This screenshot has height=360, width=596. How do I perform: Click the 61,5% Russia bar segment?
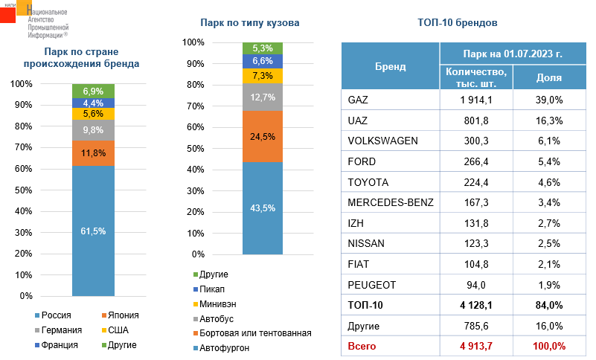[93, 231]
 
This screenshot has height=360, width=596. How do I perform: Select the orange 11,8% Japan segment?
[93, 153]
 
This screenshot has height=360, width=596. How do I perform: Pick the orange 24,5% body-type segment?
[263, 136]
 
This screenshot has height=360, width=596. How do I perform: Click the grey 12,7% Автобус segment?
[263, 97]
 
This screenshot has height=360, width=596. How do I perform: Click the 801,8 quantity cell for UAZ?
[476, 120]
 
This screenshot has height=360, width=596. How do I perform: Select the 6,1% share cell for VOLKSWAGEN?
[549, 141]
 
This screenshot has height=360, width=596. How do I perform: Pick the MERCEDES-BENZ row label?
[390, 202]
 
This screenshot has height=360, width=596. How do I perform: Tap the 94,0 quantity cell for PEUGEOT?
[476, 285]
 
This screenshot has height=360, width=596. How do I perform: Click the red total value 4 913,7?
[476, 347]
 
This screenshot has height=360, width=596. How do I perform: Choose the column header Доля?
[549, 77]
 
